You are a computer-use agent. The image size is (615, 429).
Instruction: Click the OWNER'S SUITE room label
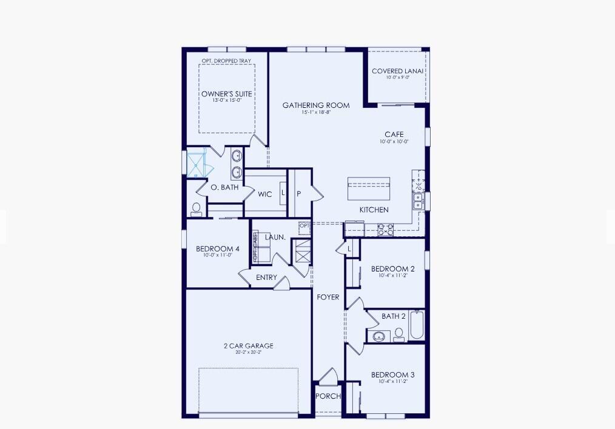[x=227, y=94]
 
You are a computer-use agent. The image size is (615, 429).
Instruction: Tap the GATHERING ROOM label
[x=316, y=105]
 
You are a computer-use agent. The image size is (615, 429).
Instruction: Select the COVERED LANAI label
[x=398, y=71]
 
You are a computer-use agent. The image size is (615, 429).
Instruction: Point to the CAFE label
[x=394, y=135]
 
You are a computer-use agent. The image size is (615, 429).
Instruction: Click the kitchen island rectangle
[x=369, y=189]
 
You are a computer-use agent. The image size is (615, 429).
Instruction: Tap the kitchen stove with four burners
[x=386, y=230]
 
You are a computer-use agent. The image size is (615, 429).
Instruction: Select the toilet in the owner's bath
[x=197, y=210]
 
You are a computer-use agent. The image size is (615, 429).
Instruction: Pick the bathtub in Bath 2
[x=417, y=326]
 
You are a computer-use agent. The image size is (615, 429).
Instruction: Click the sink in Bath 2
[x=380, y=336]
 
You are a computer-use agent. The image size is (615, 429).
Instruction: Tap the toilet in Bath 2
[x=398, y=334]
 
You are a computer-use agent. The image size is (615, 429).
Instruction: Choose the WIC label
[x=264, y=195]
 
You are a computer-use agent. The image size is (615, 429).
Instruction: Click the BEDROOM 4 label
[x=218, y=248]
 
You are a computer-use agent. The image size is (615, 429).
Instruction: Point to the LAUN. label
[x=275, y=238]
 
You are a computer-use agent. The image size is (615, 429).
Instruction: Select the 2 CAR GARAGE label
[x=248, y=346]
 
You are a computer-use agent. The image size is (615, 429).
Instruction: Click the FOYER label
[x=328, y=297]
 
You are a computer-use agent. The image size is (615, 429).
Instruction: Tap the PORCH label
[x=328, y=396]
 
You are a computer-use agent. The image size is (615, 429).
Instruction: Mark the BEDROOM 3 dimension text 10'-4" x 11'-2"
[x=393, y=382]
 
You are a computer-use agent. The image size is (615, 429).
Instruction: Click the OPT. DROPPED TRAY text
[x=227, y=61]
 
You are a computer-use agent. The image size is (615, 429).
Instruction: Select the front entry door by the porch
[x=328, y=376]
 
